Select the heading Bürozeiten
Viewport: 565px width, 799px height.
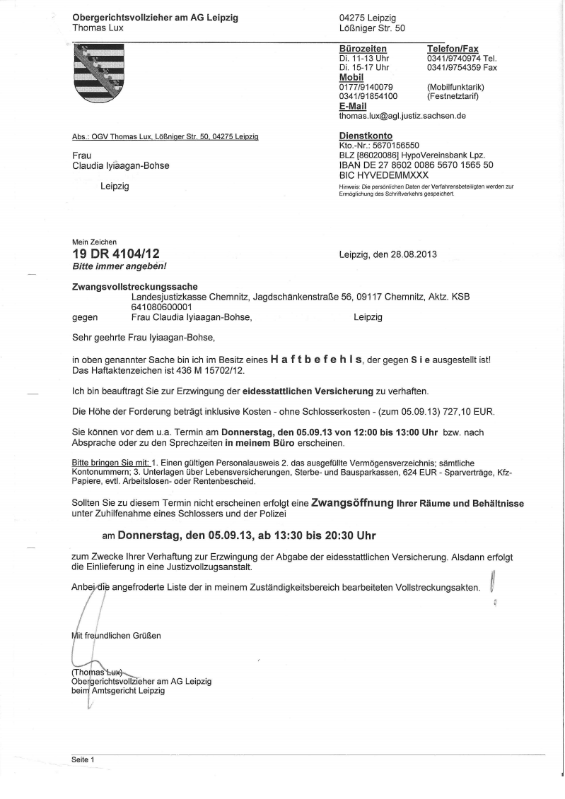coord(363,49)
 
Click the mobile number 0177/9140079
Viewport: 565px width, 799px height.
coord(366,87)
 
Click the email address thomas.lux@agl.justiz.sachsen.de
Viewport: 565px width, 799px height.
coord(402,115)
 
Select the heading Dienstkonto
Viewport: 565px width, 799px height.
coord(366,136)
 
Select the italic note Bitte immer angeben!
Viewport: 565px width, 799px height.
coord(120,266)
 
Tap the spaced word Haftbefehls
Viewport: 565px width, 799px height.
coord(315,360)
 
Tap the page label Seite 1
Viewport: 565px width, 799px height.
coord(83,759)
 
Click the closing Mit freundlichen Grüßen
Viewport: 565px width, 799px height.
coord(117,635)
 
